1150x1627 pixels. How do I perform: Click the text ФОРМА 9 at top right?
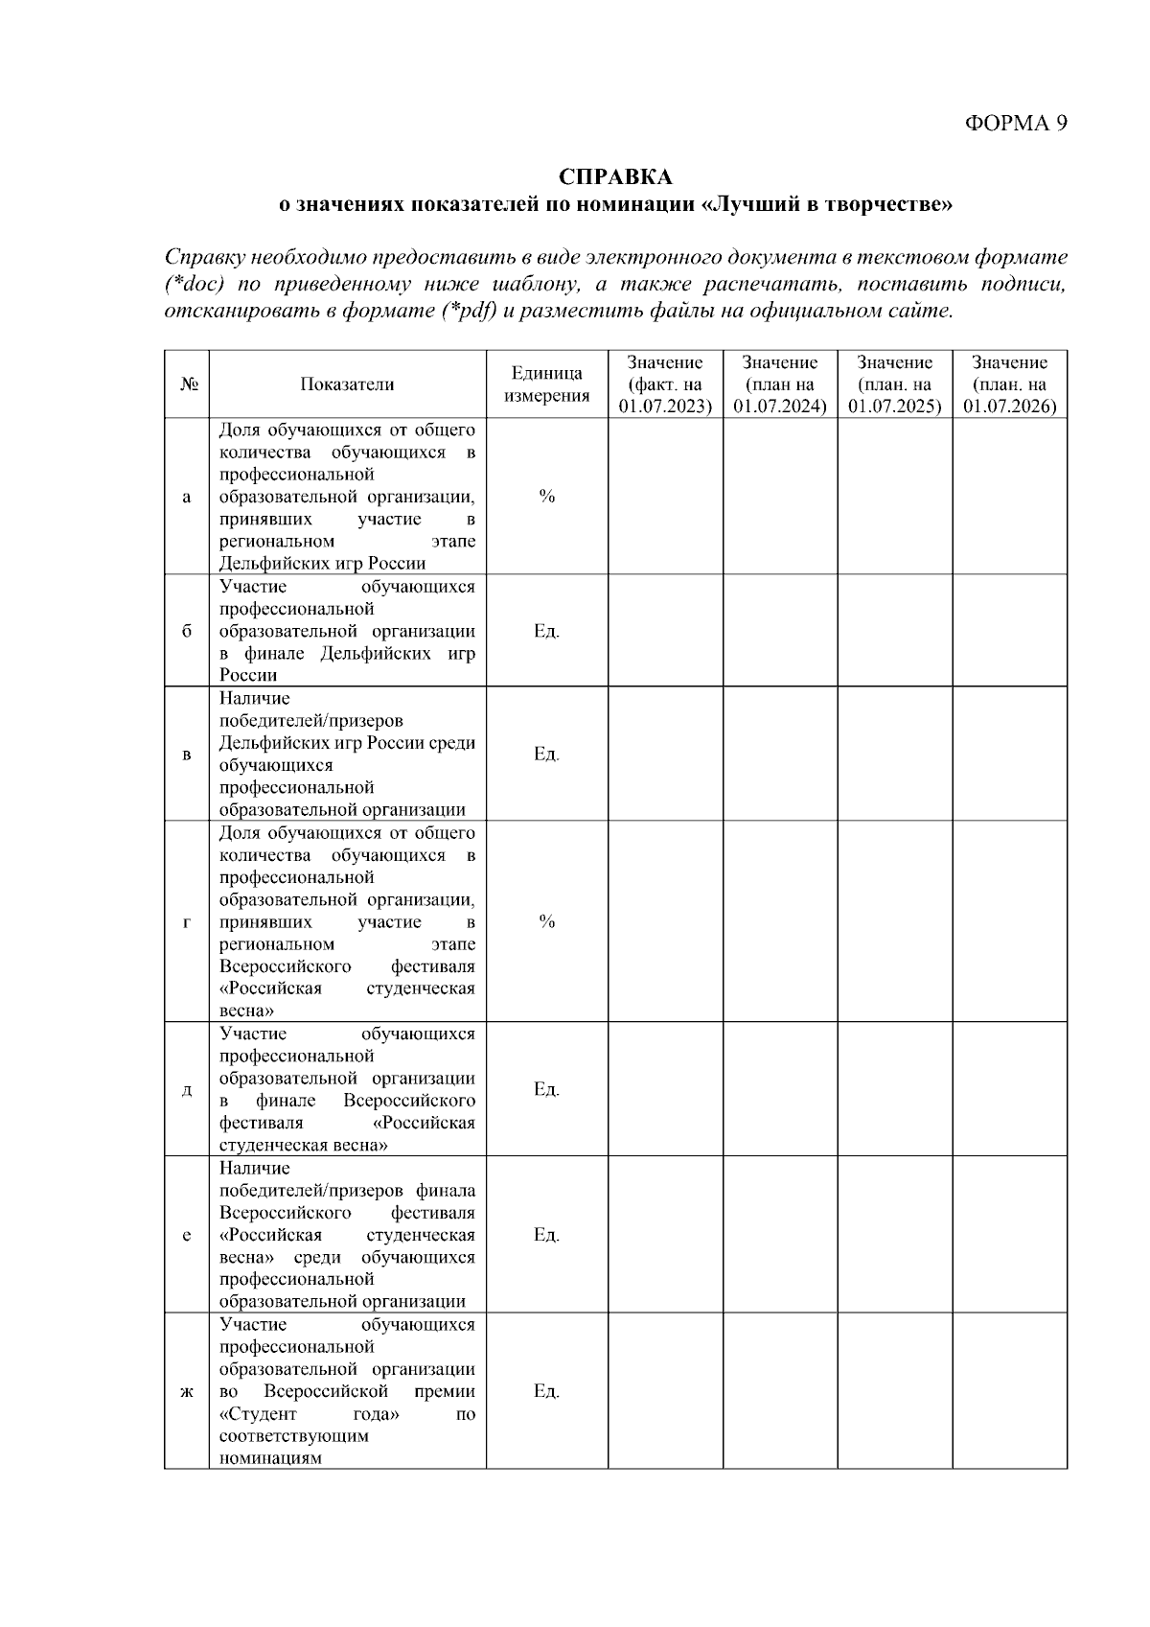(1015, 123)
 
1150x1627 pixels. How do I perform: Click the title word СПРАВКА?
(615, 177)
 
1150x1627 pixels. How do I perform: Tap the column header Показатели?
(347, 384)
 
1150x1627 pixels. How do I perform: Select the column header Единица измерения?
(546, 384)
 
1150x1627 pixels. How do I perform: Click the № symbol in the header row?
(188, 384)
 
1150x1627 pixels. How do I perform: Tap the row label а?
(187, 497)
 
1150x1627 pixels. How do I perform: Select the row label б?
(187, 631)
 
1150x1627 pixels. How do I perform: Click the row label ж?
(187, 1391)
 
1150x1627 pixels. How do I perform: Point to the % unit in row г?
(546, 921)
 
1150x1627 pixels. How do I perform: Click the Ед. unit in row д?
(546, 1089)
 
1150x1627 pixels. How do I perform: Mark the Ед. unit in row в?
(546, 754)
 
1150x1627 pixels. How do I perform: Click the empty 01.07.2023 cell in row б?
(665, 631)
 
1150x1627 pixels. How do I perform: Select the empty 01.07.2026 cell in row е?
(1010, 1235)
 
